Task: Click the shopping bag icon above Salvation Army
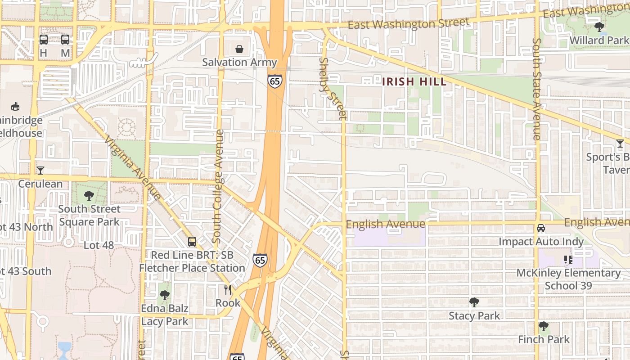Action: tap(239, 49)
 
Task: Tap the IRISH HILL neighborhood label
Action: tap(414, 82)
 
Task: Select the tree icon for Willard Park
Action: tap(599, 27)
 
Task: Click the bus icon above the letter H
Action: tap(44, 40)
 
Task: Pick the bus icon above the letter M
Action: tap(65, 40)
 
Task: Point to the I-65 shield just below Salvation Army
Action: tap(274, 81)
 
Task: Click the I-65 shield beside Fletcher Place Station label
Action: tap(260, 260)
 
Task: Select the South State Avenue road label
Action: tap(536, 89)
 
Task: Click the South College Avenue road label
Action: tap(218, 186)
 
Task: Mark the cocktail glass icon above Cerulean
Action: tap(40, 170)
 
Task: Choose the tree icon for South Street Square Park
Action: tap(89, 195)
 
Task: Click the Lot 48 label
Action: tap(99, 245)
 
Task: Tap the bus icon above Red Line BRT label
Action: tap(192, 242)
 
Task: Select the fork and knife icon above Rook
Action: tap(228, 289)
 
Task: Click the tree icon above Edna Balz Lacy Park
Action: tap(165, 295)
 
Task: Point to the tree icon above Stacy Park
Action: tap(474, 302)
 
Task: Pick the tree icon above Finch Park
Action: tap(544, 326)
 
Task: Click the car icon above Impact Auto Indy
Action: tap(541, 228)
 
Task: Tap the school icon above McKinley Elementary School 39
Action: tap(568, 260)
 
